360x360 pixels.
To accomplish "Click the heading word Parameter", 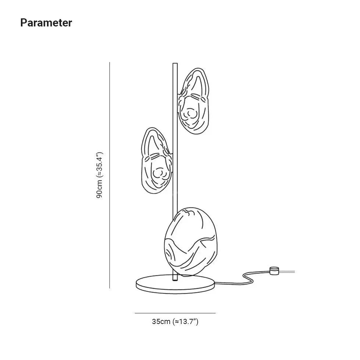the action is [x=46, y=23].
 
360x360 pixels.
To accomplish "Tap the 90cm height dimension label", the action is [x=100, y=175].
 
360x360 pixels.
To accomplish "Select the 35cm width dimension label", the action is [x=175, y=321].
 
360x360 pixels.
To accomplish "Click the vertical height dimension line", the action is [x=109, y=175].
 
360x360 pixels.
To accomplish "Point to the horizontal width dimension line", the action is [x=175, y=313].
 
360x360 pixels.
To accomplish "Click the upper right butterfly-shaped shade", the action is [x=194, y=101].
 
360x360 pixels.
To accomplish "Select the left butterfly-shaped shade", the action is [x=156, y=161].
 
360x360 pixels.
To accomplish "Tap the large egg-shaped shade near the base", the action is [x=191, y=242].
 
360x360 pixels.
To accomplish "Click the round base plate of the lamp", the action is [x=175, y=284].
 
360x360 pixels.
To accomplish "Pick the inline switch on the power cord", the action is [x=274, y=271].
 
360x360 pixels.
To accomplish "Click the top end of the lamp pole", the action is [x=175, y=63].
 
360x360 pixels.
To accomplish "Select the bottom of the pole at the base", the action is [x=175, y=280].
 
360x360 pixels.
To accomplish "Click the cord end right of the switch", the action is [x=294, y=272].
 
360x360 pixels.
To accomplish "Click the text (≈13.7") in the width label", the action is [x=185, y=321].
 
